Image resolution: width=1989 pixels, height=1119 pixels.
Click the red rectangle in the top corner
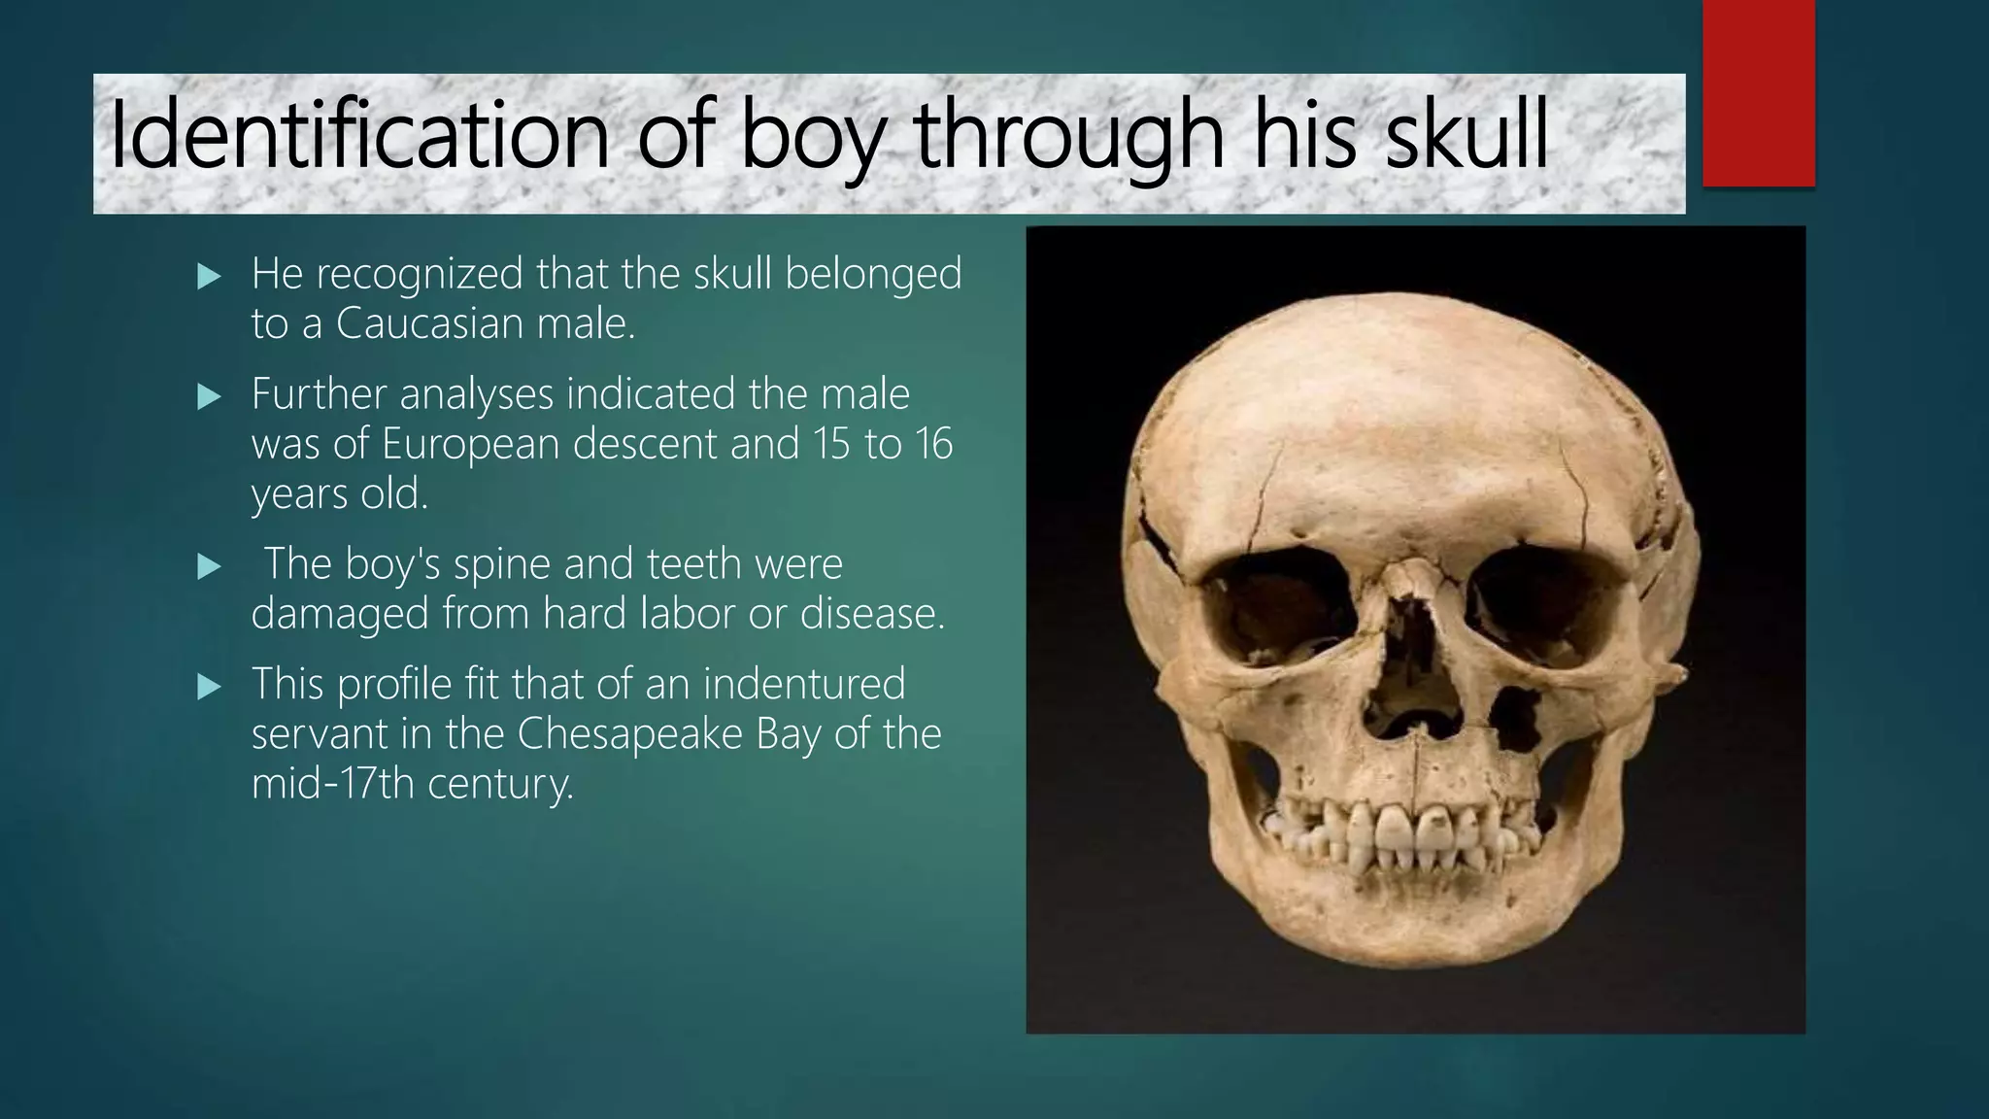coord(1758,92)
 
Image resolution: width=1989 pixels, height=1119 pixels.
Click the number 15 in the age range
coord(832,444)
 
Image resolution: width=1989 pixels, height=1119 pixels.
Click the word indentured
coord(803,684)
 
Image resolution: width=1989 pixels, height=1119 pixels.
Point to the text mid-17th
coord(333,784)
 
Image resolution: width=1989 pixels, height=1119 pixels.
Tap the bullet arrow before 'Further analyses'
coord(209,398)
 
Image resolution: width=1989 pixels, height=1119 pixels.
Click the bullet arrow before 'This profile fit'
coord(209,689)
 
